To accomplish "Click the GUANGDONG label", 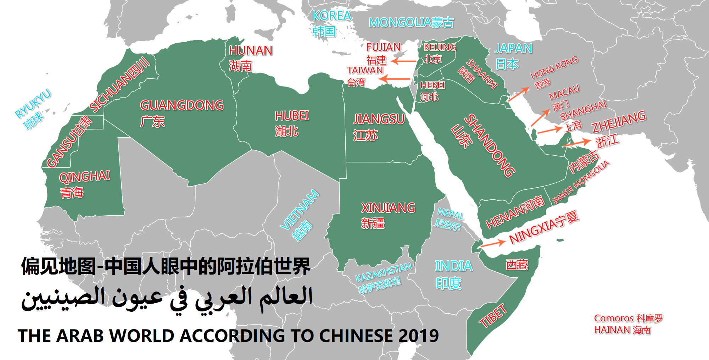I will [182, 105].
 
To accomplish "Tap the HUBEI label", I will [292, 116].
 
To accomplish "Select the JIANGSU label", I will [379, 119].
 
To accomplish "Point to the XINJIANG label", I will [388, 208].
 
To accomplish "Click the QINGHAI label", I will [84, 177].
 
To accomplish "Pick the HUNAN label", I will [251, 51].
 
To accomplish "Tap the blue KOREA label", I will [331, 16].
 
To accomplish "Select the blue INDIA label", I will [453, 266].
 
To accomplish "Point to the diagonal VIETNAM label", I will [300, 210].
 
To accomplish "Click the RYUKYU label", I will [33, 104].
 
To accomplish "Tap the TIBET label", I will [493, 316].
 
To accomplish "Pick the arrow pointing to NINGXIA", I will [493, 243].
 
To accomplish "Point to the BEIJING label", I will [440, 48].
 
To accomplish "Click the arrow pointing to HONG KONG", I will [519, 94].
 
